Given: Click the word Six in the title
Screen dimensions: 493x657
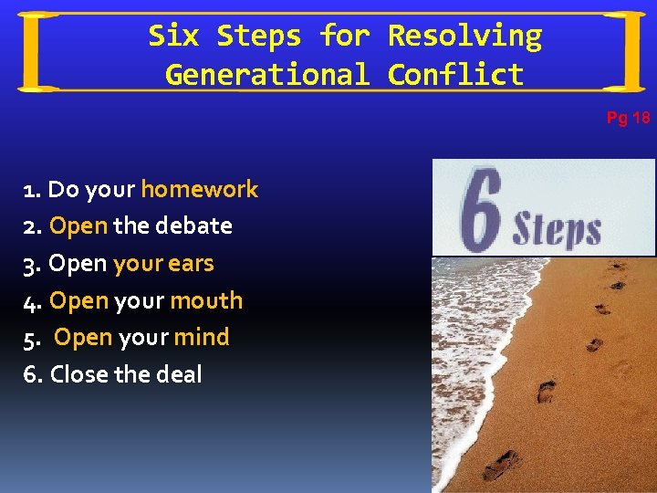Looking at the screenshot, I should [173, 36].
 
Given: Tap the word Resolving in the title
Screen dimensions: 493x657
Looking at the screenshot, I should [464, 37].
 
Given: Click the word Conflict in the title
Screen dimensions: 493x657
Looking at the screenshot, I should [455, 74].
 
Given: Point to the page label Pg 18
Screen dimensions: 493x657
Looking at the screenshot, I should [629, 118].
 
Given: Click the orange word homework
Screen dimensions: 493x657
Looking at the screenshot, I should [200, 189].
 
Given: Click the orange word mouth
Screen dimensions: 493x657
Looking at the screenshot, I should [206, 300].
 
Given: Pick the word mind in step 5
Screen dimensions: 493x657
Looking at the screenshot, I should [202, 337].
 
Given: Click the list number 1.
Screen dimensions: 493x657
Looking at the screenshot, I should [31, 190].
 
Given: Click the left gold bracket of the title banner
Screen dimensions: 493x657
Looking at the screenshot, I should [36, 51].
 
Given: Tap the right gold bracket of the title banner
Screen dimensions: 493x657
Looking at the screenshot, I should [624, 51].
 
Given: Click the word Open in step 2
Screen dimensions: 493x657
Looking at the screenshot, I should [78, 226].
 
